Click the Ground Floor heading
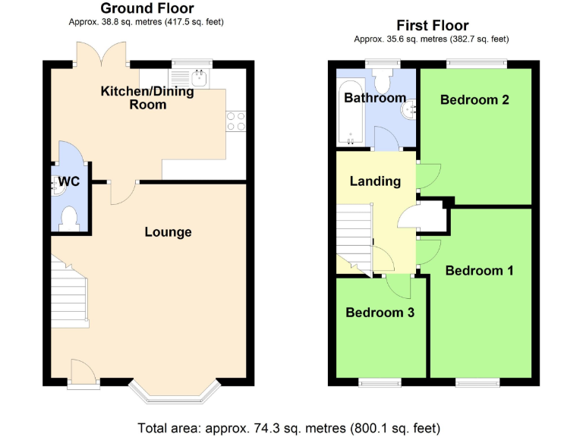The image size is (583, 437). pos(147,8)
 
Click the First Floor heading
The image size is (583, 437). pos(431,26)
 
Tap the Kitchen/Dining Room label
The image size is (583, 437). pos(147,98)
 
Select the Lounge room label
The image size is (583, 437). pos(168,232)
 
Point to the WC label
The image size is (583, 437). pos(69,182)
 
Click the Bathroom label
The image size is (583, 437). pos(375,98)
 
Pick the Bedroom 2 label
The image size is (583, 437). pos(474,99)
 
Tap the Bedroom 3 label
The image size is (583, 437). pos(380,313)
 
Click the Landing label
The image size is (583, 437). pos(375,181)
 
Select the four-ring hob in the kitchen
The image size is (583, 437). pos(235,121)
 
